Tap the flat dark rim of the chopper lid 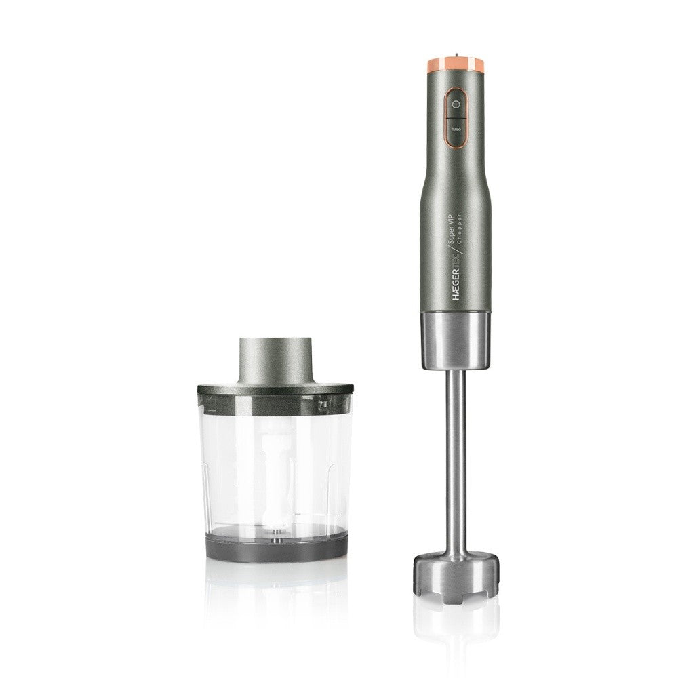275,390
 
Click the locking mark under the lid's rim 323,404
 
